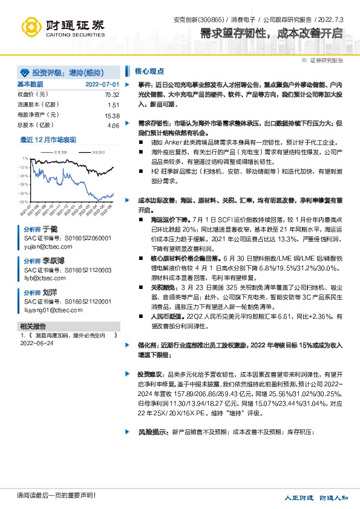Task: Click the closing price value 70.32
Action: [x=112, y=95]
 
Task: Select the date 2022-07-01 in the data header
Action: [x=102, y=84]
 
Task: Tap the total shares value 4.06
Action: [x=113, y=125]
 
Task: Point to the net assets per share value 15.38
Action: [x=112, y=115]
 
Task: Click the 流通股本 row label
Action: [x=32, y=105]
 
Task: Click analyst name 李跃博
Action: [x=54, y=261]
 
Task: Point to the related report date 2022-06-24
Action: [x=37, y=343]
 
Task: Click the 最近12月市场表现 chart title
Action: [x=48, y=139]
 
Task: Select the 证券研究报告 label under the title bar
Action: [x=326, y=60]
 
